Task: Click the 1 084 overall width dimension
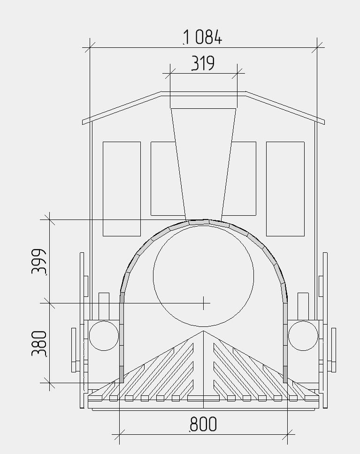203,38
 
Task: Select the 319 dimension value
203,63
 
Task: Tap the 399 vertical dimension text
39,261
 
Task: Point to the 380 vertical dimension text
39,343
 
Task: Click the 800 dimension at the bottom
203,424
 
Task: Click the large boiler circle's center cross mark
204,303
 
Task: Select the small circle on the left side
104,336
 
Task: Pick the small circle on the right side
303,336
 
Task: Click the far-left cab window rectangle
122,189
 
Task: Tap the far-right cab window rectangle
285,189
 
